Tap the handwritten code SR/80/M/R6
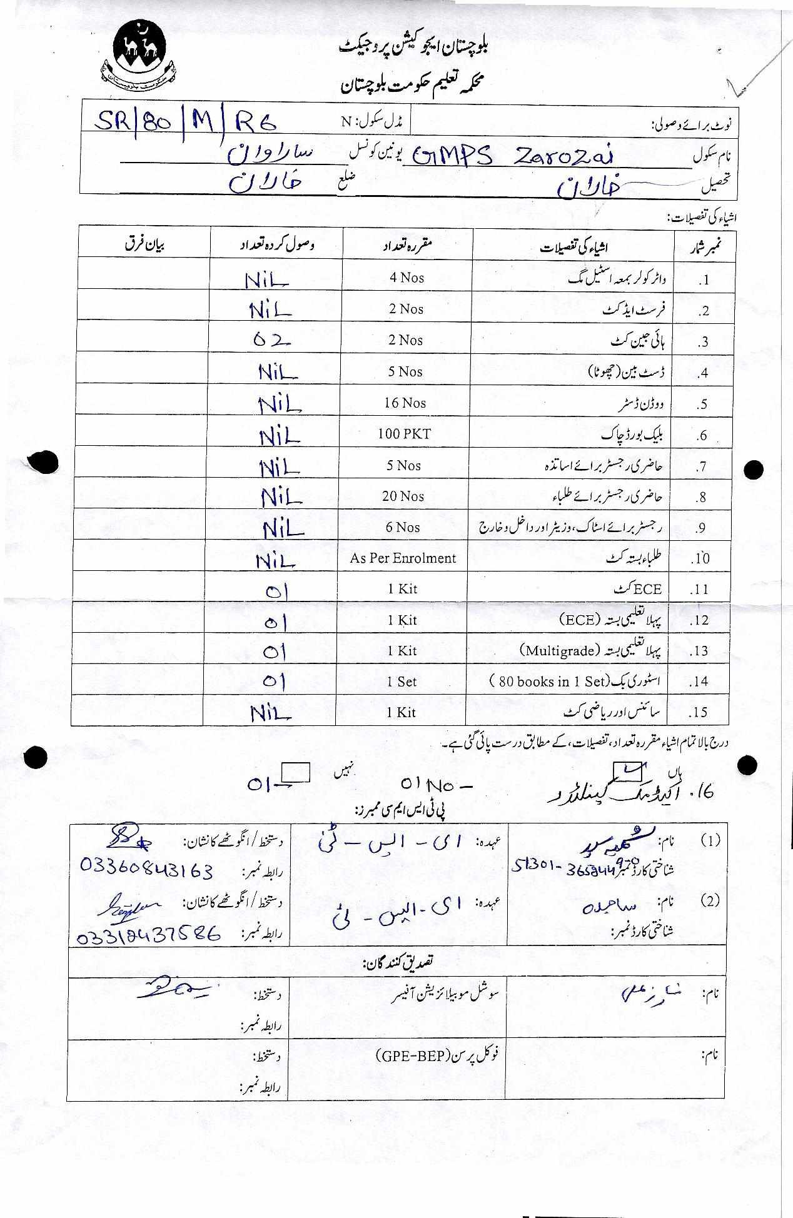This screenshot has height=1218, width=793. coord(185,123)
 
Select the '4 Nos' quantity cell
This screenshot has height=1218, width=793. coord(407,278)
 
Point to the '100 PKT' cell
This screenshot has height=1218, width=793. coord(404,434)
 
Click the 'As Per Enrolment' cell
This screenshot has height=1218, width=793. coord(403,558)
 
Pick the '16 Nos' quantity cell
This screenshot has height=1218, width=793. coord(405,403)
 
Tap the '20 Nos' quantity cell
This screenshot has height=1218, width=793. coord(403,496)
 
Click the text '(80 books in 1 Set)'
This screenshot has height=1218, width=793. coord(548,682)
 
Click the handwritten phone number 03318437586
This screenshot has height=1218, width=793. coord(149,935)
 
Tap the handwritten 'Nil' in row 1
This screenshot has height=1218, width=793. coord(267,281)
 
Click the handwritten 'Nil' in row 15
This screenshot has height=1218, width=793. coord(271,713)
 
